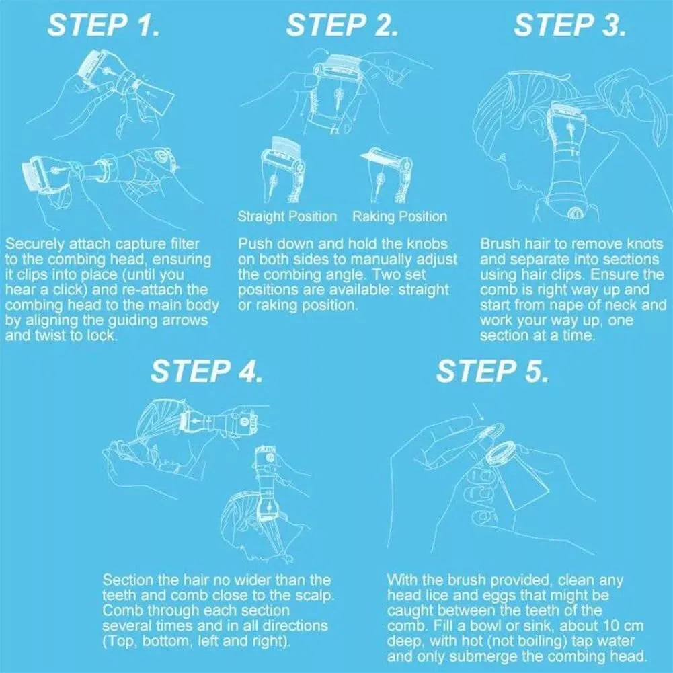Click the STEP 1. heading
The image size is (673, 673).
click(104, 26)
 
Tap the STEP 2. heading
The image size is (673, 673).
click(342, 26)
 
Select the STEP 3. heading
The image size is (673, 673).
click(569, 26)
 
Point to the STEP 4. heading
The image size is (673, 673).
click(206, 371)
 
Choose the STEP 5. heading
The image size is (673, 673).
click(492, 371)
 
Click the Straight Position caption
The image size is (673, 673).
click(287, 216)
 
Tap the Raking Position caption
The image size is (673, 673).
click(399, 216)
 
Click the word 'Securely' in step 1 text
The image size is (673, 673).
click(34, 245)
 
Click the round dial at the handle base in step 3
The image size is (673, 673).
click(575, 213)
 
